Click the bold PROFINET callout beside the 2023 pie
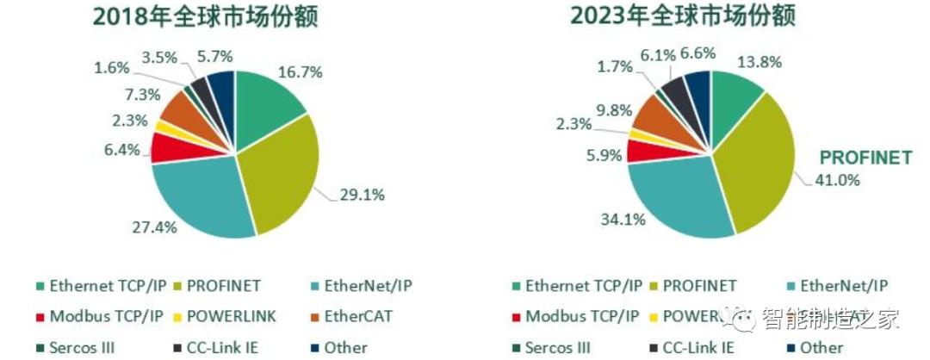pos(865,158)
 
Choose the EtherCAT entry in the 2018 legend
pos(355,316)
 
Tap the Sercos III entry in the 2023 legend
pos(557,348)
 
